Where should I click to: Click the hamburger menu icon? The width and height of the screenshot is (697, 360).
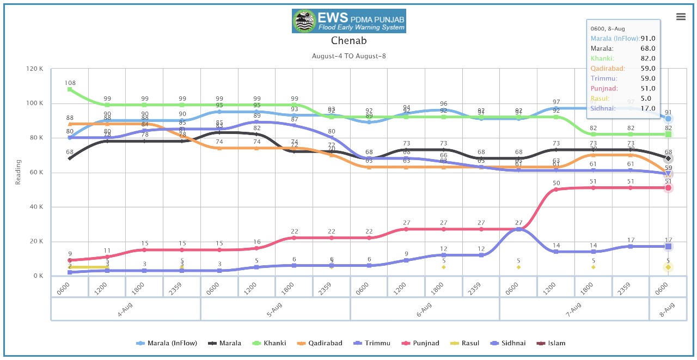click(x=681, y=17)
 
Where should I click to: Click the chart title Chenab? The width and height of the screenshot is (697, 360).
click(x=348, y=41)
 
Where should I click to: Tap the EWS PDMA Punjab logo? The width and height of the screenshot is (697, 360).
click(x=348, y=21)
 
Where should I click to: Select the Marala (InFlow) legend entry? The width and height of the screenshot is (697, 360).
click(x=167, y=343)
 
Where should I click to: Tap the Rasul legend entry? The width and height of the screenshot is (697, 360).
click(x=466, y=343)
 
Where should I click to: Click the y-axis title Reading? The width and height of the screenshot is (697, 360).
click(x=18, y=172)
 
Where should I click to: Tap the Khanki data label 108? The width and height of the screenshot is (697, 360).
click(x=70, y=83)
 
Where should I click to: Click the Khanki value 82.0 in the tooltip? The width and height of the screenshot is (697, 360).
click(x=647, y=58)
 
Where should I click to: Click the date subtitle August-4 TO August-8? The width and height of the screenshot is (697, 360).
click(x=348, y=56)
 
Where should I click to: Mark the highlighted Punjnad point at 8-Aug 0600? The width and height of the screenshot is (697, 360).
click(x=668, y=188)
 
